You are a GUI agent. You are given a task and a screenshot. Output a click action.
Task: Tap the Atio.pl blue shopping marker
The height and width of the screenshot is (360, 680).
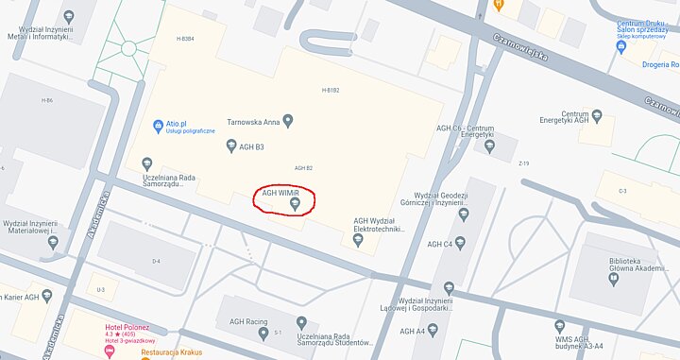158,125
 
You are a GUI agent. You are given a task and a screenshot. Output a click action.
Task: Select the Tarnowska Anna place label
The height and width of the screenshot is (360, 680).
252,121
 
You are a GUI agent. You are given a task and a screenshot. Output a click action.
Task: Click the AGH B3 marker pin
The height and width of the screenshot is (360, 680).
231,146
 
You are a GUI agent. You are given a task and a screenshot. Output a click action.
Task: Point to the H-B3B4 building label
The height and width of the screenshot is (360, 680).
185,39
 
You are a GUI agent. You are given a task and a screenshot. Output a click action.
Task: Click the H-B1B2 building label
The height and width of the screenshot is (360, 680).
331,90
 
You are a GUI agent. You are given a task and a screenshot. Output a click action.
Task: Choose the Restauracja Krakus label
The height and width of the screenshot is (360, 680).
172,353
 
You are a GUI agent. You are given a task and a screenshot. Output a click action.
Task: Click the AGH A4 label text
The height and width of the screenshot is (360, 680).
413,331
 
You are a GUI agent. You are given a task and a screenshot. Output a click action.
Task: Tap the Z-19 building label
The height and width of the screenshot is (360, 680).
523,163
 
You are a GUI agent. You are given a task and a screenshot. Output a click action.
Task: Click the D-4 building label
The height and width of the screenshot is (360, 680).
156,260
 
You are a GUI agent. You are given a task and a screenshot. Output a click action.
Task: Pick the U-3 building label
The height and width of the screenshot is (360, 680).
100,290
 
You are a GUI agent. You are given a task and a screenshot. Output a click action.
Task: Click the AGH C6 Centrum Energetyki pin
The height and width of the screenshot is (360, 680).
489,146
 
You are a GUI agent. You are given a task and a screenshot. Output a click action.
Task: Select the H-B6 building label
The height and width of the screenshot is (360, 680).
47,100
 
